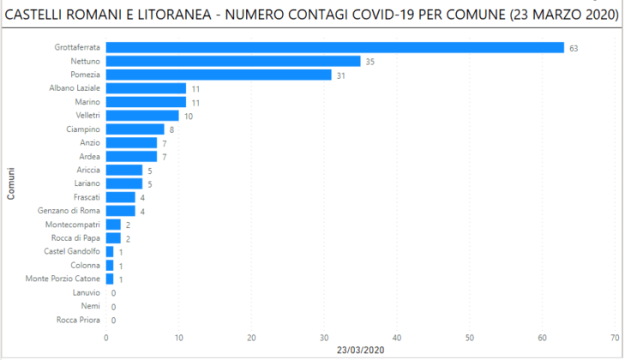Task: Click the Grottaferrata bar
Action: click(x=334, y=48)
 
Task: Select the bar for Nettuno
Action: click(x=233, y=62)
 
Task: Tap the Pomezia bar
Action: click(x=219, y=75)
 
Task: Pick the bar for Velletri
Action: click(x=142, y=116)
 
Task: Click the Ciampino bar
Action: click(x=135, y=129)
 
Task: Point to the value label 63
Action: click(x=574, y=48)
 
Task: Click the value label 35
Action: click(x=370, y=62)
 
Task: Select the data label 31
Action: click(x=340, y=75)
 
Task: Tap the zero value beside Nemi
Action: click(x=113, y=306)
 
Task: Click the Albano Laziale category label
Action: click(x=75, y=88)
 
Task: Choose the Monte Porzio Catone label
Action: click(x=63, y=279)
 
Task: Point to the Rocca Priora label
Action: click(x=78, y=320)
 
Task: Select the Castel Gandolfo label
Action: click(x=72, y=251)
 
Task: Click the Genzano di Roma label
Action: click(x=69, y=211)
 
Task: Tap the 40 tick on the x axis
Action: click(x=397, y=337)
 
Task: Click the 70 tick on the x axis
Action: click(x=615, y=337)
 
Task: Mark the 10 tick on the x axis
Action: click(x=178, y=337)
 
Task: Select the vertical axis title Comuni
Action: click(x=11, y=183)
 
